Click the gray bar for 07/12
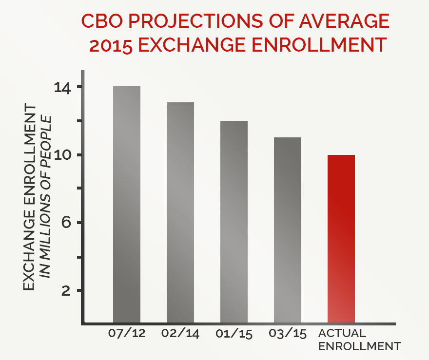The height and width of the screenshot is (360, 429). coord(127,204)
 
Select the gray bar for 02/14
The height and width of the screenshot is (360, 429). coord(180,212)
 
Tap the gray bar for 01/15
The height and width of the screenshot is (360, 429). coord(234,221)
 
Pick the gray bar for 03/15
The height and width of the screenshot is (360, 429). coord(288,229)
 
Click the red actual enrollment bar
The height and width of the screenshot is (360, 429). coord(341,238)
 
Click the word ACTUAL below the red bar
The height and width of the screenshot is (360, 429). coord(342,334)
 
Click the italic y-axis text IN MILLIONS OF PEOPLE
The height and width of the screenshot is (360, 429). coord(47,197)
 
